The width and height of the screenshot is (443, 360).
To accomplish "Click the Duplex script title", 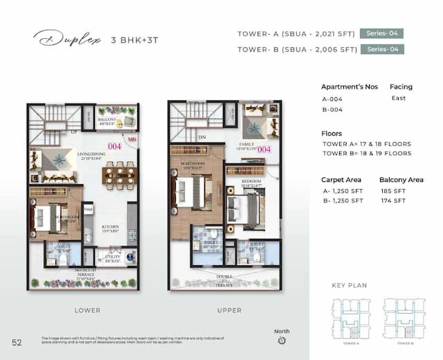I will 66,39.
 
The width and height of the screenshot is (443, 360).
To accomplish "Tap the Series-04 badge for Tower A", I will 381,33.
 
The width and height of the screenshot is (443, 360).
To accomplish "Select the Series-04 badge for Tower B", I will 383,49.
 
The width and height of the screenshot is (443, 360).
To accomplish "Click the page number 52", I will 17,341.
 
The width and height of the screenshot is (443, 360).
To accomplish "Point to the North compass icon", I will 282,341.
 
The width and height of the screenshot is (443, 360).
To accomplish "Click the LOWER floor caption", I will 87,310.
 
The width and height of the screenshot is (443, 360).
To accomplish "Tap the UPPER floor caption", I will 229,310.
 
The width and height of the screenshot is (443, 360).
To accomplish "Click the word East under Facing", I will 399,98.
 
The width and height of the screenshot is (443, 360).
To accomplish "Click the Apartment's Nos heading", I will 347,87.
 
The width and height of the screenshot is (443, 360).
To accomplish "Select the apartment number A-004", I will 333,98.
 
